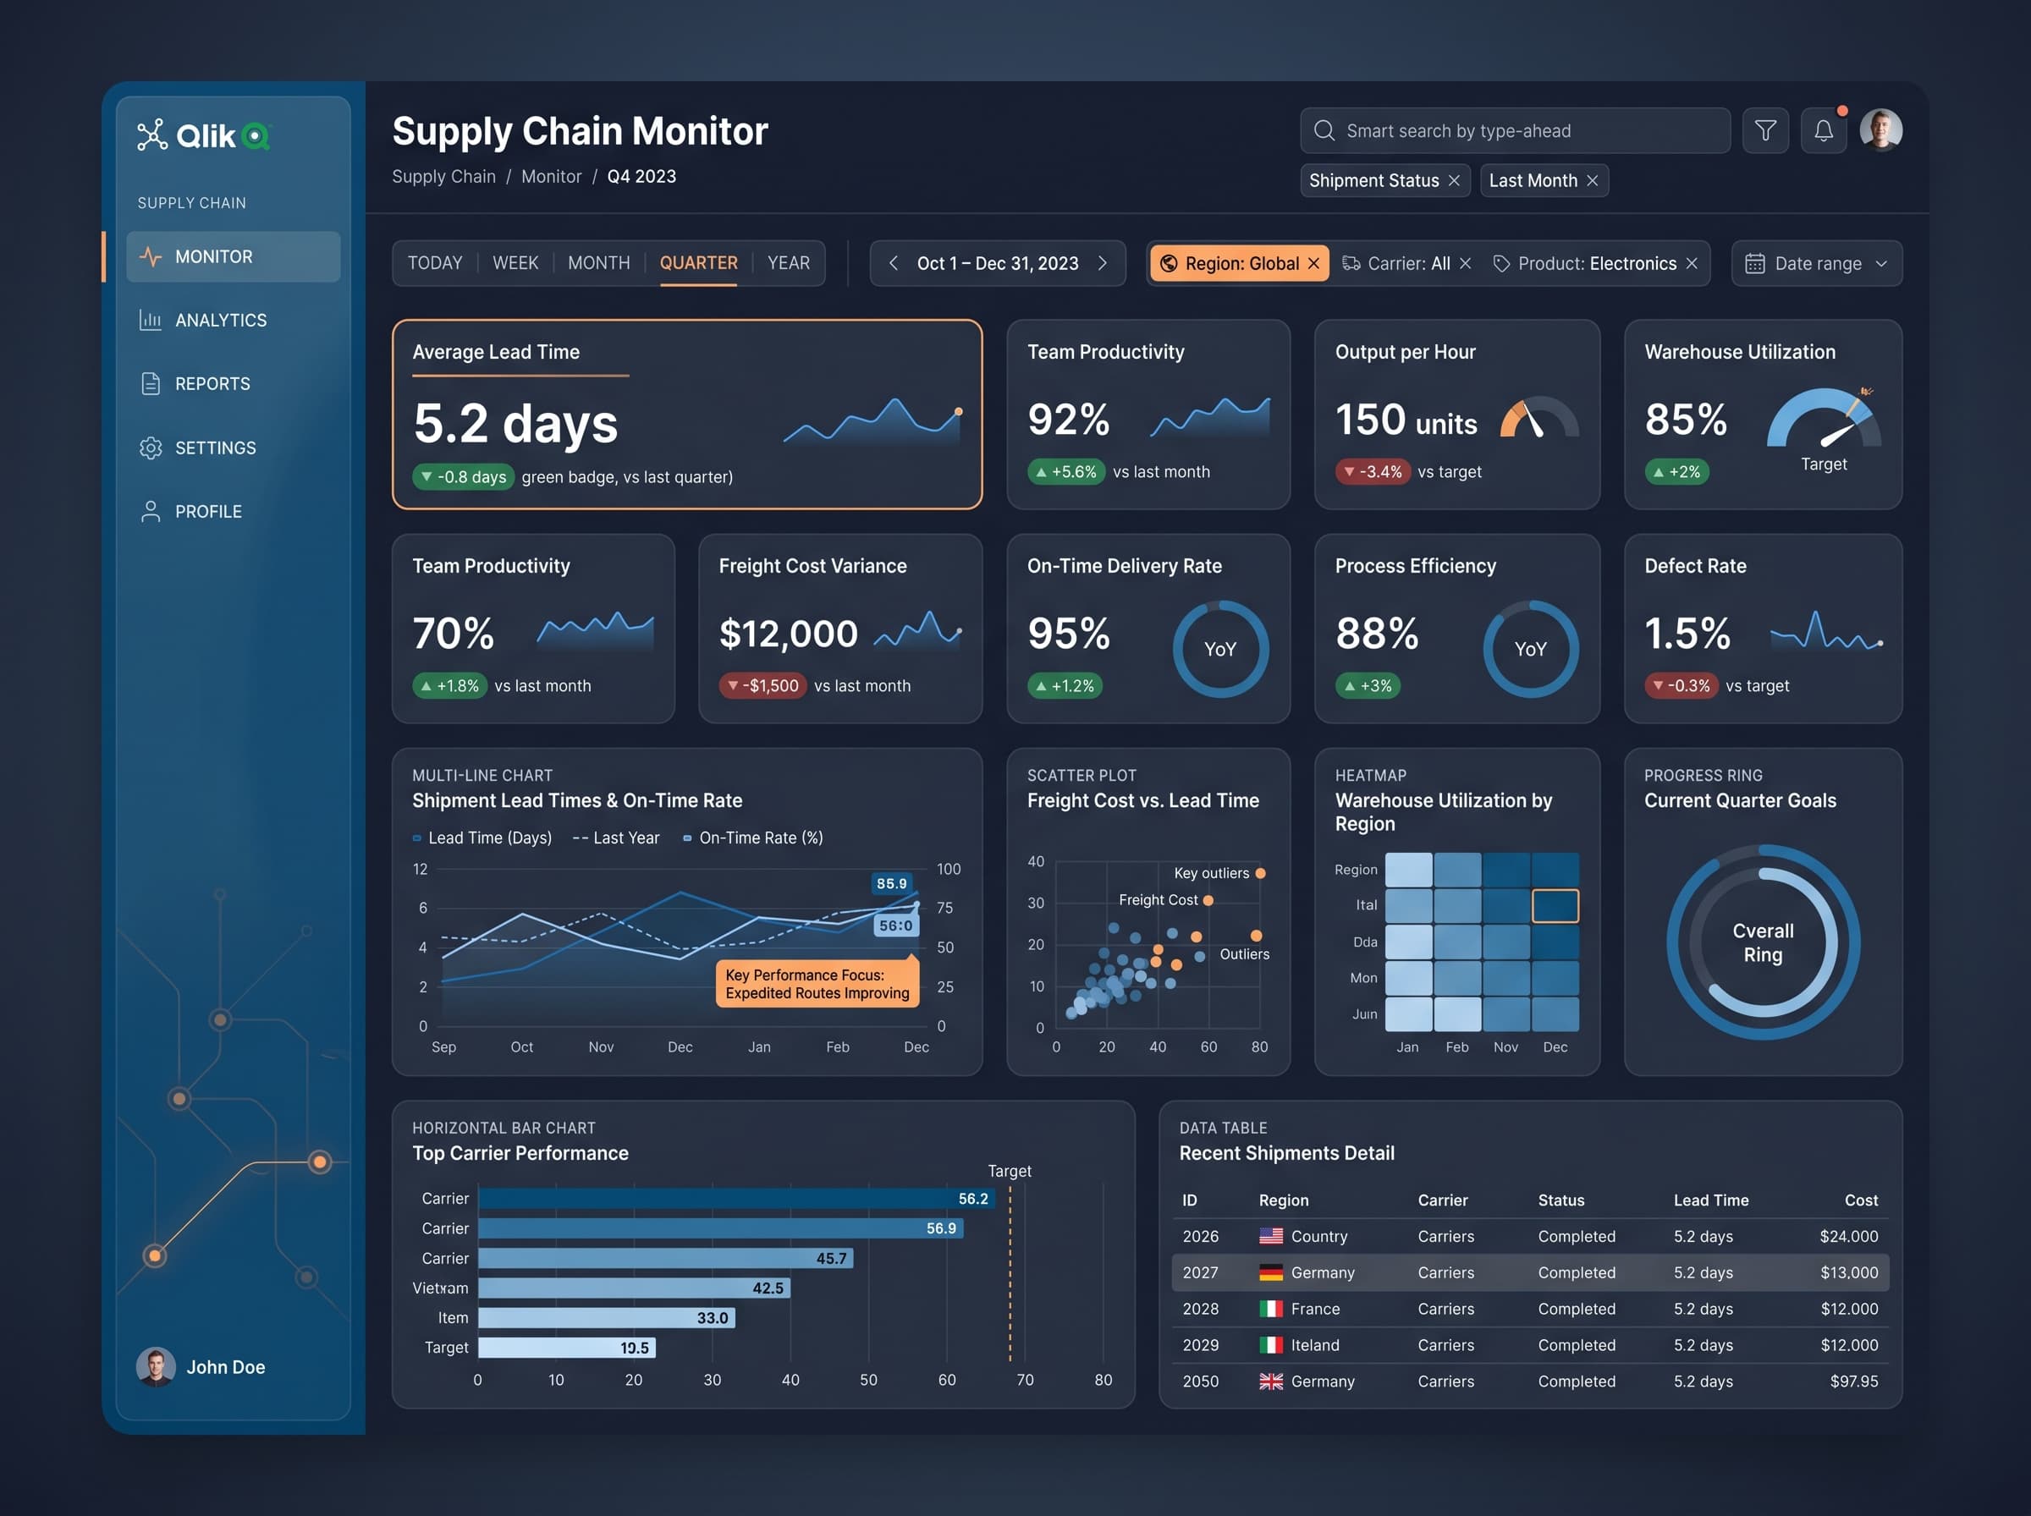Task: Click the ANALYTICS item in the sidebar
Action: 203,321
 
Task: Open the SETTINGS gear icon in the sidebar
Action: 151,448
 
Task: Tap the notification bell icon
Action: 1823,131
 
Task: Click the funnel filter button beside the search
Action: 1764,131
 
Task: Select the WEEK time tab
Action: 515,263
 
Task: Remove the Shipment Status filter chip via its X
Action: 1454,181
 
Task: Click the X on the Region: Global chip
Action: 1313,264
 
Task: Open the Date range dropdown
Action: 1816,264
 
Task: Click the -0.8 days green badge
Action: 463,477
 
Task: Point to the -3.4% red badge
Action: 1372,472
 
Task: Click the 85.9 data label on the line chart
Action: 891,884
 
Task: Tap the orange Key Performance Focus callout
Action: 817,984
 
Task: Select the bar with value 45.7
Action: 665,1258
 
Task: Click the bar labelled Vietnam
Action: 634,1288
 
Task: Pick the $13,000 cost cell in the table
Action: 1848,1273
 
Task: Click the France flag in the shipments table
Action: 1270,1310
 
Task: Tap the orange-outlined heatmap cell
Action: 1555,906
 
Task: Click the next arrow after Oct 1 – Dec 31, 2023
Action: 1102,263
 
